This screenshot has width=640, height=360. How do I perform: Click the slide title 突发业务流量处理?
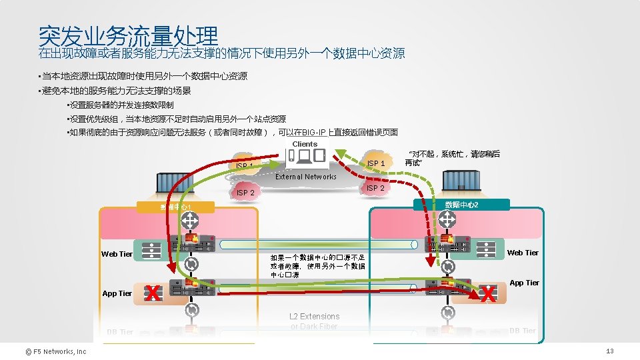128,35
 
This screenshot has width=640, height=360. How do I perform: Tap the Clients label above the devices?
305,144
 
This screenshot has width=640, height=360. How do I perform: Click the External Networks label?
306,177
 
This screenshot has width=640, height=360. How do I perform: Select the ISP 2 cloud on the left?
245,193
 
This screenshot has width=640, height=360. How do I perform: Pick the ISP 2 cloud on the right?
376,188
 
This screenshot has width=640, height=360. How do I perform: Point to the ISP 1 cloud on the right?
376,163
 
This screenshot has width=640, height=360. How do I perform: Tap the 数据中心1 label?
175,207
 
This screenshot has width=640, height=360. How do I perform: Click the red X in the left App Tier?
153,293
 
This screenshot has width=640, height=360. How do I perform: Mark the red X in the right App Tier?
489,293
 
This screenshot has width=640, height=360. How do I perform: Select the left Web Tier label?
117,254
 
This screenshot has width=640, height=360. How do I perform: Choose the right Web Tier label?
523,253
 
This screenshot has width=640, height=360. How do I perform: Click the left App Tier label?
117,293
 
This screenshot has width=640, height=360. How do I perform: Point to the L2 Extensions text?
314,317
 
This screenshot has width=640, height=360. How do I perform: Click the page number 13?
609,351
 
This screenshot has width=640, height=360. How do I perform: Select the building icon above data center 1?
171,183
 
